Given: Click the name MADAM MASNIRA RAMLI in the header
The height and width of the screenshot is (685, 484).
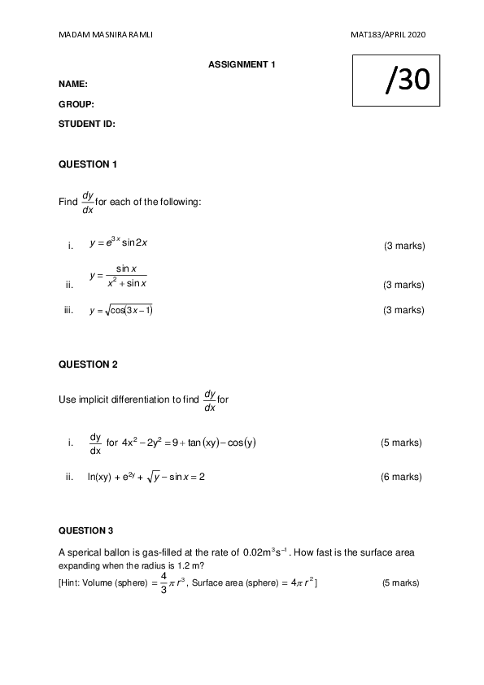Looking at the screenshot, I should coord(106,35).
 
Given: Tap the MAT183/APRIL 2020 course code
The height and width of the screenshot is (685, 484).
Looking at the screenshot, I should coord(388,35).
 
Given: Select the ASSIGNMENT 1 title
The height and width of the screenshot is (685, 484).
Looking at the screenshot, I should coord(242,63).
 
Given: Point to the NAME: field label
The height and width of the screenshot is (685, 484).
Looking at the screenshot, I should coord(73,84).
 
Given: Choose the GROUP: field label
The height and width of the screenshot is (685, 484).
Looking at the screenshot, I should coord(76,104).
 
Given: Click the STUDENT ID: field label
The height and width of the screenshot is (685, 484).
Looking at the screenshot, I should coord(87,124).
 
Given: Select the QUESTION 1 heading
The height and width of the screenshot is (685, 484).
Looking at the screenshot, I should coord(88,164).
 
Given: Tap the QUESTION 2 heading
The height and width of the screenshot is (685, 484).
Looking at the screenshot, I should coord(88,364).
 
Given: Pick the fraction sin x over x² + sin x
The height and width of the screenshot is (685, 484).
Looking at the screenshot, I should coord(124,276).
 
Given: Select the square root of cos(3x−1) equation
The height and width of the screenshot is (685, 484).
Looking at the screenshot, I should coord(122,310).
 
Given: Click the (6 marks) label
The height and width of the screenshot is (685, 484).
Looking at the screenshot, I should coord(401,477).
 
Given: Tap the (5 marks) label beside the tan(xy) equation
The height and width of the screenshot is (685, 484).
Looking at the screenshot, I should coord(401,443).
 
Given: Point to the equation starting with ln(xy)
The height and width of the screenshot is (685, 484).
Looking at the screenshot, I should coord(146,477).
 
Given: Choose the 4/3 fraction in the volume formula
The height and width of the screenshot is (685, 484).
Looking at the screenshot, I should coord(164,582).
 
